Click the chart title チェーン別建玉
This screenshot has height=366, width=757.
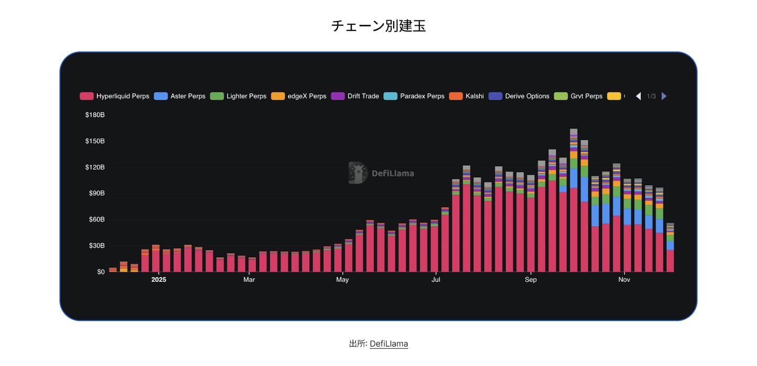pos(378,26)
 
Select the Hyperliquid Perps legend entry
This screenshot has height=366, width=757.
pos(115,96)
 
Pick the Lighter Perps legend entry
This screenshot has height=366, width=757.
pos(239,96)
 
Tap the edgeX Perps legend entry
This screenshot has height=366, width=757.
pos(299,96)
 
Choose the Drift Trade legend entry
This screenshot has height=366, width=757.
pos(356,96)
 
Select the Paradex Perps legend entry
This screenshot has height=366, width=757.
pos(415,96)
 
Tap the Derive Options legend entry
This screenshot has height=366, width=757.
pos(519,96)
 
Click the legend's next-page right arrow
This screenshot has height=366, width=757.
pos(664,96)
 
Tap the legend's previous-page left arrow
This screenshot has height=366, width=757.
pos(638,96)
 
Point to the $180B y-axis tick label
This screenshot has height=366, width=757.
pos(95,115)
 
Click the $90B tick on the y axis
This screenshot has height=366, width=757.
pos(96,194)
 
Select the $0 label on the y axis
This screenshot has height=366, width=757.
pos(100,272)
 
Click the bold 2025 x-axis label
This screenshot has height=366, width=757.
pos(159,280)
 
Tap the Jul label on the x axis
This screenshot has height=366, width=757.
pos(436,280)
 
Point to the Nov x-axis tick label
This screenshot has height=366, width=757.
pos(624,280)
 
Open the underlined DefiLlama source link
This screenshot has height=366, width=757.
pos(388,344)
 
